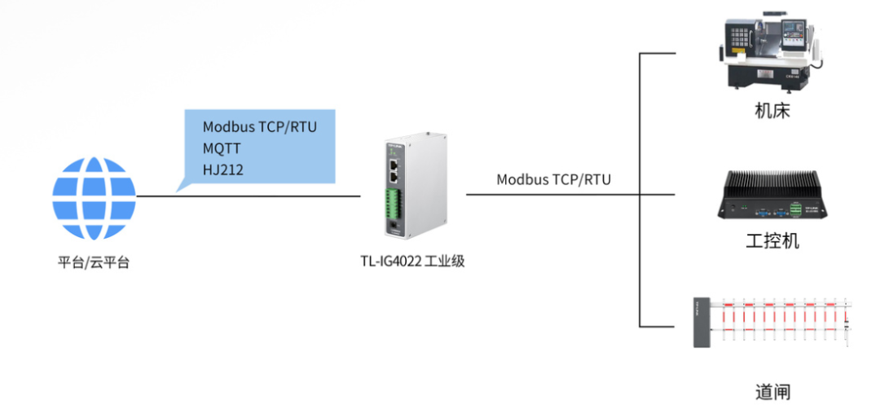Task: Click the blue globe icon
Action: coord(94,197)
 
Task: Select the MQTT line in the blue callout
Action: coord(222,148)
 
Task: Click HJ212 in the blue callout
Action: coord(222,169)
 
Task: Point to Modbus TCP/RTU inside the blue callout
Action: coord(259,127)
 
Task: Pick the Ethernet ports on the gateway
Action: coord(394,169)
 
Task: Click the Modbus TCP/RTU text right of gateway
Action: coord(553,179)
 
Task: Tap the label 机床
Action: coord(772,111)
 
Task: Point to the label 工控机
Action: coord(772,242)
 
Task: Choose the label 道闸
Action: coord(772,392)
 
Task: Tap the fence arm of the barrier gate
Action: coord(782,317)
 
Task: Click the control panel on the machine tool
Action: coord(741,35)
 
